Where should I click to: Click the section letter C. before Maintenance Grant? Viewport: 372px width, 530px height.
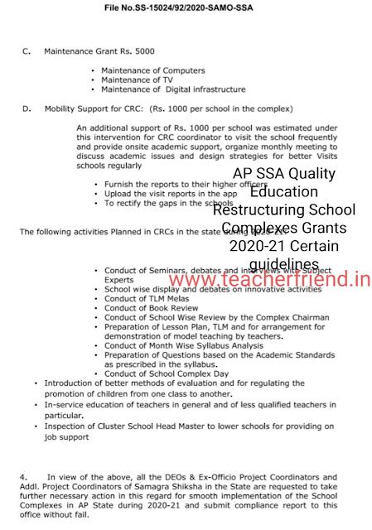[27, 51]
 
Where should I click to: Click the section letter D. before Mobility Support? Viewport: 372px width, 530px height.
[27, 108]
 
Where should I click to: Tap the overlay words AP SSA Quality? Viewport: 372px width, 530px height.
[285, 174]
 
